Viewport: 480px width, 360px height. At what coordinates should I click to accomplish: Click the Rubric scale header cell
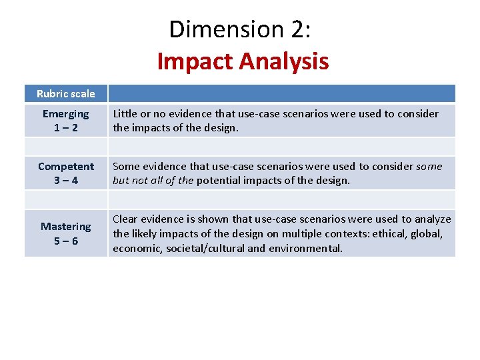tap(65, 94)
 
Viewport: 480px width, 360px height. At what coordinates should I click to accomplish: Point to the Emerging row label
tap(65, 114)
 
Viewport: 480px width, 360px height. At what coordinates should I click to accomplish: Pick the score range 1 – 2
tap(65, 127)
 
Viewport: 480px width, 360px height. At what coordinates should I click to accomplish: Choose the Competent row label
tap(65, 167)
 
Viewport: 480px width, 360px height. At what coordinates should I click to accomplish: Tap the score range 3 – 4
tap(65, 181)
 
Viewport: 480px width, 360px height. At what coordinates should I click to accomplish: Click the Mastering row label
tap(65, 227)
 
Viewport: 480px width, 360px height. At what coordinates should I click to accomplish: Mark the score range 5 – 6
tap(65, 241)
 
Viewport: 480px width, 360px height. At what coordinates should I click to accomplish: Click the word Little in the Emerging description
tap(125, 114)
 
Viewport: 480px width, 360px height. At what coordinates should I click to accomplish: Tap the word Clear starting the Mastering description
tap(125, 219)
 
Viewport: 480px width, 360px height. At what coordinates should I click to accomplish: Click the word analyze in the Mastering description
tap(433, 219)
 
